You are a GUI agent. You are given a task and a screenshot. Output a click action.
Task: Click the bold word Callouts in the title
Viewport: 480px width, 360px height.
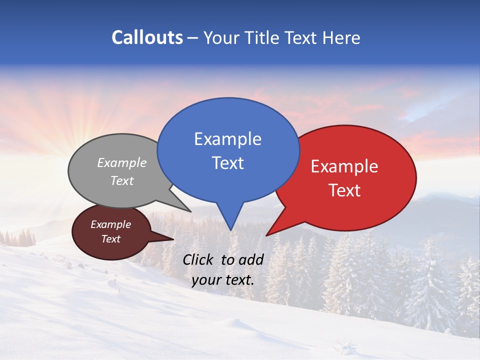tap(147, 37)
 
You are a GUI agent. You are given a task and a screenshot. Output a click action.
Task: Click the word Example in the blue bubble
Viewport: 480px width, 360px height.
tap(227, 139)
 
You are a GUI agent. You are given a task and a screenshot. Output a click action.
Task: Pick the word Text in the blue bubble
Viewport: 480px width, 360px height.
tap(227, 163)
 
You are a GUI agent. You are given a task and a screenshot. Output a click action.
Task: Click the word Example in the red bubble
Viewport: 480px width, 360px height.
tap(344, 166)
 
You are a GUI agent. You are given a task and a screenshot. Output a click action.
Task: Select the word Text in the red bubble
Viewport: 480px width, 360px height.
tap(344, 190)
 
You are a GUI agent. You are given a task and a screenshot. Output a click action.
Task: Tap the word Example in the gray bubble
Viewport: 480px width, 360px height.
tap(122, 163)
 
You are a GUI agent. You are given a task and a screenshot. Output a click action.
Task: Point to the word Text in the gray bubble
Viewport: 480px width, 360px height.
tap(122, 181)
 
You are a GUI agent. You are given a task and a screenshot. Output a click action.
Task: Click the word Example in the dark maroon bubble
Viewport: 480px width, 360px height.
tap(110, 224)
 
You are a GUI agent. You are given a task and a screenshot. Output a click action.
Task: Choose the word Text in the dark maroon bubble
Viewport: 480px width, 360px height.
tap(110, 239)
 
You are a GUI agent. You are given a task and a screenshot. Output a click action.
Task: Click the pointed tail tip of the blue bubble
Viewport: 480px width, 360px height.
tap(230, 230)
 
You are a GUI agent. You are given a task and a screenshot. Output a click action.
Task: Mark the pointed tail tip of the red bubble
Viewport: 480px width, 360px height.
tap(266, 235)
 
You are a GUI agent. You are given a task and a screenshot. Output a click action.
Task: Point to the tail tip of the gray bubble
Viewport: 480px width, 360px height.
tap(190, 211)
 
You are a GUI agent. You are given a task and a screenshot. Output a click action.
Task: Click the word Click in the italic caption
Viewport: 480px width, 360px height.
tap(198, 259)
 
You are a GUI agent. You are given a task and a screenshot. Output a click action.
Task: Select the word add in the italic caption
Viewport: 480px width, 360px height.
tap(251, 259)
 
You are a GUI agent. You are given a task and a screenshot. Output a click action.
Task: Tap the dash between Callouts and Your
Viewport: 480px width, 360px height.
tap(193, 38)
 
